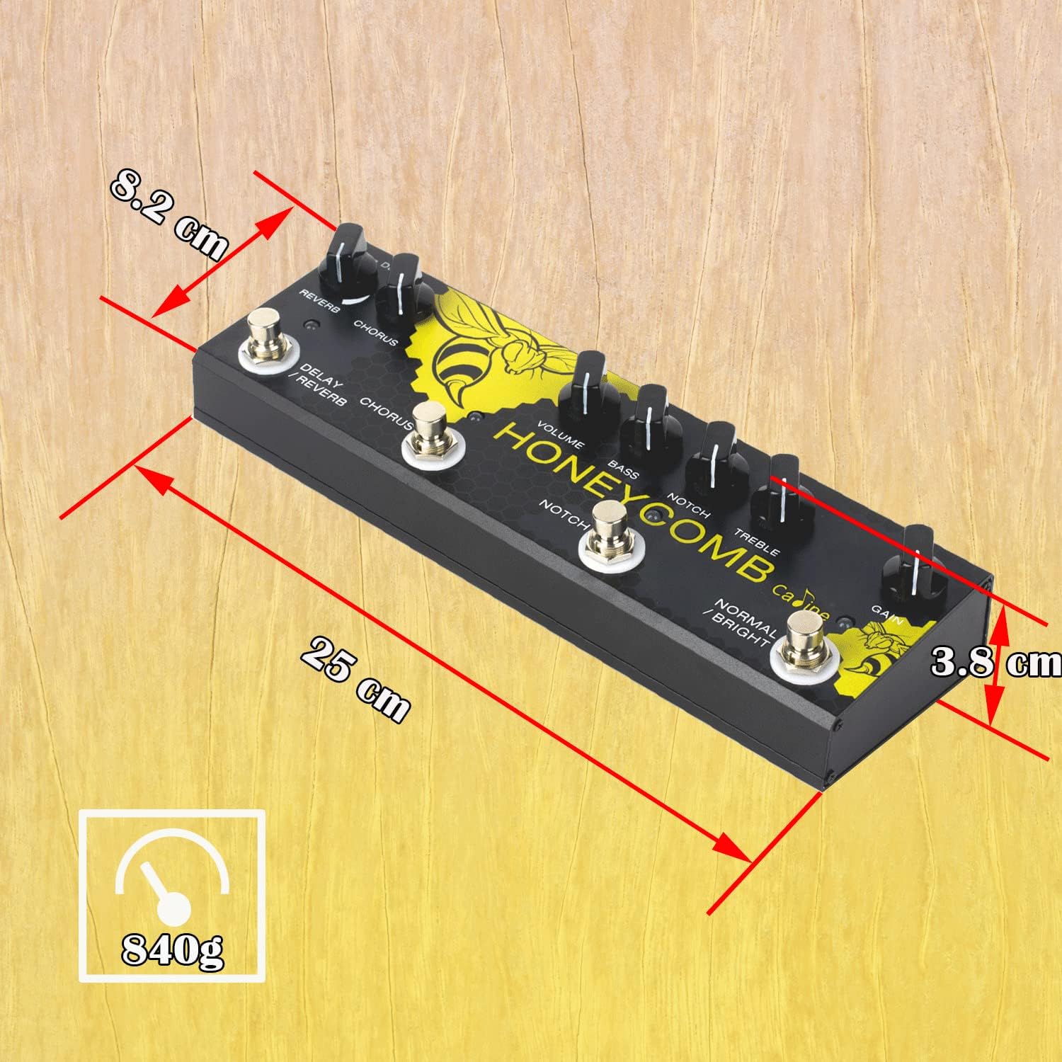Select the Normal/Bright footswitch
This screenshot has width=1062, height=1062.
pos(804,644)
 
